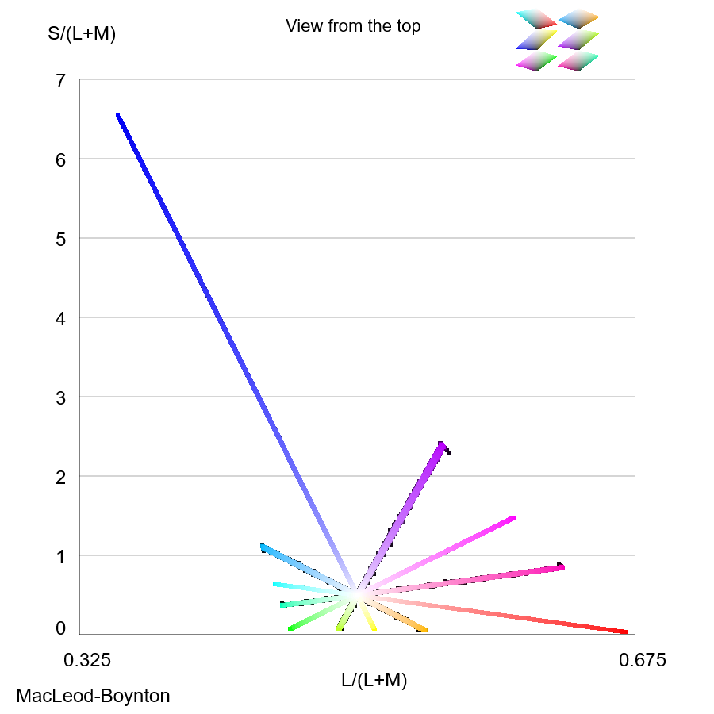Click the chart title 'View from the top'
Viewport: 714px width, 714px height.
click(353, 26)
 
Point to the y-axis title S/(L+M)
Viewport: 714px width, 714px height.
click(82, 34)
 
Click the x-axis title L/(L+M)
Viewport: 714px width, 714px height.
click(374, 680)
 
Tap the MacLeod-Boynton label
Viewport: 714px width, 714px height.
click(93, 697)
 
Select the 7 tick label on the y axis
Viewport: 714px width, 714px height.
click(61, 80)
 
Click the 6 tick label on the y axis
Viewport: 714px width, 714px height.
click(61, 159)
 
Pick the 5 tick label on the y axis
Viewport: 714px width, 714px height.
click(61, 239)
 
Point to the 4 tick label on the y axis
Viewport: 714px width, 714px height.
click(61, 318)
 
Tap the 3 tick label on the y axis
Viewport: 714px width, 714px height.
click(61, 397)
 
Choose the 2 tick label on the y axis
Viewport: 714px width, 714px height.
click(61, 477)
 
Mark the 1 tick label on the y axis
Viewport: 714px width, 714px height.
click(61, 556)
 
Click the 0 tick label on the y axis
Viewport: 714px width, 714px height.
click(61, 629)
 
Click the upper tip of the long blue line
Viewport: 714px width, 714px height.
click(118, 116)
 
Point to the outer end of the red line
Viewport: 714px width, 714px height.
click(624, 632)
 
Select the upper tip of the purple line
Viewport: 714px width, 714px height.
click(442, 444)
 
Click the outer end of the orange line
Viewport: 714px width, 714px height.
click(424, 631)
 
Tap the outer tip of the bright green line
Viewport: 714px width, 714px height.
click(290, 629)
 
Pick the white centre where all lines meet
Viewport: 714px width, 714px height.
click(357, 593)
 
